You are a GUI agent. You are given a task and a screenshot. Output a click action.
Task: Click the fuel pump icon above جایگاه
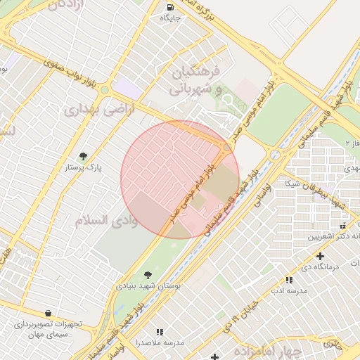pyautogui.click(x=171, y=8)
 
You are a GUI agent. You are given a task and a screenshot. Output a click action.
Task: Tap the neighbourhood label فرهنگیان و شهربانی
pyautogui.click(x=195, y=81)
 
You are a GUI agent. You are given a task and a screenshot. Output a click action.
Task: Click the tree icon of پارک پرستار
pyautogui.click(x=84, y=156)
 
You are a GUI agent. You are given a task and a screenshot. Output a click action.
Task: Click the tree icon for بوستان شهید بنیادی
pyautogui.click(x=147, y=275)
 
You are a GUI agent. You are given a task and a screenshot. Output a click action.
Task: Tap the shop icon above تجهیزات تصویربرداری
pyautogui.click(x=47, y=313)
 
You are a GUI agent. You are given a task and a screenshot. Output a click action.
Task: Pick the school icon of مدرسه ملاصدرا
pyautogui.click(x=160, y=331)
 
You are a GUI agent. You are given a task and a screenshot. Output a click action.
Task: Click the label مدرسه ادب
pyautogui.click(x=279, y=290)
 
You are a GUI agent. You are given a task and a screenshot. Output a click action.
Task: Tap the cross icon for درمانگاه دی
pyautogui.click(x=320, y=256)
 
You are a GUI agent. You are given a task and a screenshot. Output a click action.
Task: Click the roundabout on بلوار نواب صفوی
pyautogui.click(x=105, y=90)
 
